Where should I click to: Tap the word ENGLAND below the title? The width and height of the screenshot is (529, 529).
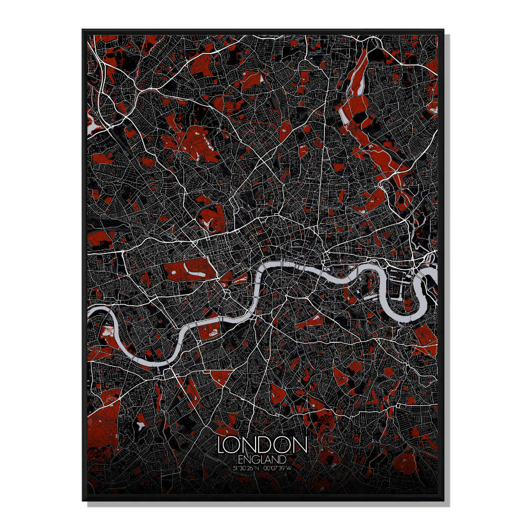pyautogui.click(x=262, y=459)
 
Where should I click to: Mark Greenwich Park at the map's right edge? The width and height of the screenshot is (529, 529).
pyautogui.click(x=423, y=339)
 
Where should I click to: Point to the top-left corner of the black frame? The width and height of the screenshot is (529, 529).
pyautogui.click(x=83, y=30)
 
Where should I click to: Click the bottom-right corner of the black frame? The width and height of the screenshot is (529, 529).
pyautogui.click(x=443, y=500)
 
